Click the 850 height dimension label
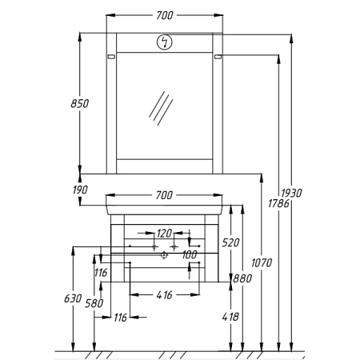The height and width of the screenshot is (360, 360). tap(79, 103)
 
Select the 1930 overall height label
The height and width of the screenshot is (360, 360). tap(291, 193)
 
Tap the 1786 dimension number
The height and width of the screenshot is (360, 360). tap(278, 204)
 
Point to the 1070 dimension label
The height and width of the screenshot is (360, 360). tap(262, 263)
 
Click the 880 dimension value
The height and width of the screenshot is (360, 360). tap(242, 278)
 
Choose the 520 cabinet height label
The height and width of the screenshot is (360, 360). tap(230, 242)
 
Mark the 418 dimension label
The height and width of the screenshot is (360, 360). tap(230, 317)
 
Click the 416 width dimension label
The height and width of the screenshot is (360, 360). tap(164, 295)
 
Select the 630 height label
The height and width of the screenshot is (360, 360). tap(73, 298)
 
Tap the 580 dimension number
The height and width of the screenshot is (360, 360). tap(94, 303)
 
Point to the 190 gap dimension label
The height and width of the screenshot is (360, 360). tap(80, 190)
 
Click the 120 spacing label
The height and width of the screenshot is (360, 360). tap(164, 234)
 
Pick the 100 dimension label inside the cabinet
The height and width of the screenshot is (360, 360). tap(190, 254)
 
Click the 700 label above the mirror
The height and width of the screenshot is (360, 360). tap(165, 15)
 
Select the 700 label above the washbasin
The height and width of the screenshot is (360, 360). tap(164, 195)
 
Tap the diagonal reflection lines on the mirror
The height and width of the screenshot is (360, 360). tap(161, 108)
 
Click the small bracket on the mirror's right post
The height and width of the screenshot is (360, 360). tap(218, 57)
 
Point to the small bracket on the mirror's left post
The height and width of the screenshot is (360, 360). tap(111, 57)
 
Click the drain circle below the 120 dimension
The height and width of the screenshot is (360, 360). tap(164, 255)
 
